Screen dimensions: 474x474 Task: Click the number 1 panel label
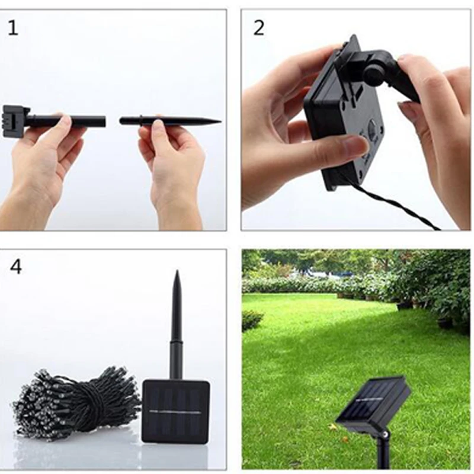click(12, 28)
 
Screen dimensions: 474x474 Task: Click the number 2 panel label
click(258, 28)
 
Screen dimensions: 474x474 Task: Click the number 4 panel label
click(16, 267)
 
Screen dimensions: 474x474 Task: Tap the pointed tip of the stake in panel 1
click(221, 122)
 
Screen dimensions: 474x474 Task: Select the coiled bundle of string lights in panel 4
click(76, 402)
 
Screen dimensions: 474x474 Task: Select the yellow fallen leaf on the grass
click(333, 427)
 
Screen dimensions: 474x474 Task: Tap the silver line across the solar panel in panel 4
click(175, 412)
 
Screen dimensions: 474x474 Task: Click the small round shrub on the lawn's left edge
click(252, 319)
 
